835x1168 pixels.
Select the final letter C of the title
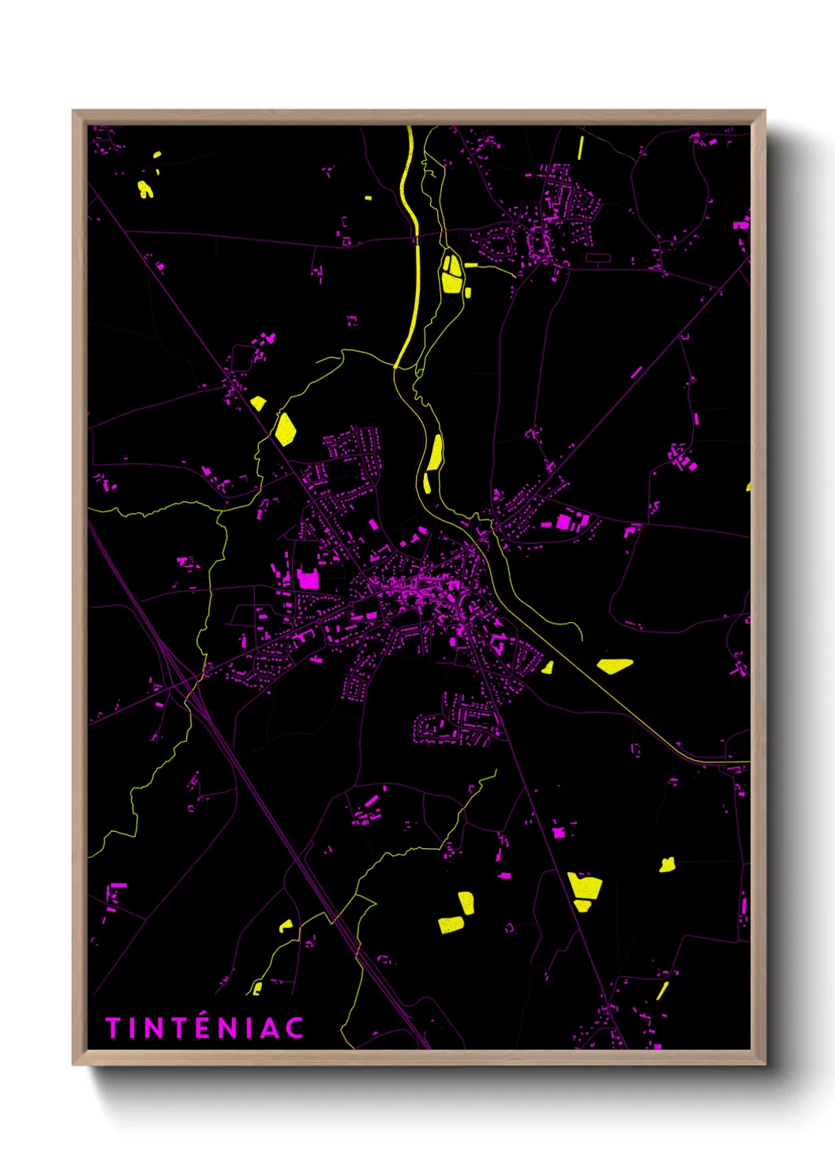click(294, 1028)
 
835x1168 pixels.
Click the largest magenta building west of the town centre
click(308, 580)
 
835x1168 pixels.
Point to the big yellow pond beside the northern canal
click(451, 273)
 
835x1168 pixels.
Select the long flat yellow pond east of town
click(615, 665)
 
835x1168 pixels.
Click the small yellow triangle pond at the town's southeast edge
click(547, 668)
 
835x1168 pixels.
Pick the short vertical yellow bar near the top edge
click(581, 148)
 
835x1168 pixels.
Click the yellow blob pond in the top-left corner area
click(145, 189)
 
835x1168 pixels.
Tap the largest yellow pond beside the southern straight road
click(585, 887)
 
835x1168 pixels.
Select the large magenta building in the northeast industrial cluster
click(564, 522)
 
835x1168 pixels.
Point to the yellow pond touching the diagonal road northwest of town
click(285, 429)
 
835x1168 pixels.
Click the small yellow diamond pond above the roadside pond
click(258, 403)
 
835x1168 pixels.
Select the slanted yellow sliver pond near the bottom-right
click(662, 990)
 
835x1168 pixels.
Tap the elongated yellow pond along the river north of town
click(435, 453)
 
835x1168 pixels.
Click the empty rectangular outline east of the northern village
click(597, 257)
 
